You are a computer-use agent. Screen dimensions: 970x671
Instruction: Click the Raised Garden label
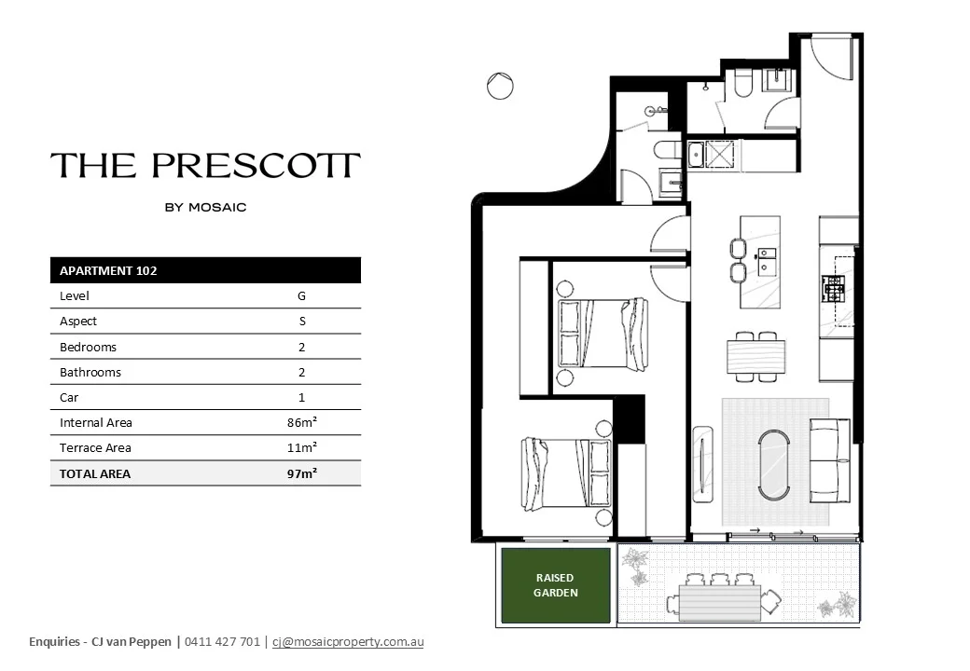(x=556, y=585)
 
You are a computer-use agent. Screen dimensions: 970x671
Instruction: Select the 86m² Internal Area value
(x=302, y=422)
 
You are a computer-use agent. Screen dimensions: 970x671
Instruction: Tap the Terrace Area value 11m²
(x=302, y=447)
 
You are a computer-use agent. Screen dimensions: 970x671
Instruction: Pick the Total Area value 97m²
(x=302, y=473)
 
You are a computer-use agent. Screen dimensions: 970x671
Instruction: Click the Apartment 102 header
(x=108, y=270)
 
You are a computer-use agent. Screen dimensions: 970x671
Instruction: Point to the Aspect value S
(x=302, y=322)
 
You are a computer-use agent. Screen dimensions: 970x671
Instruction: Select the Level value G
(x=302, y=296)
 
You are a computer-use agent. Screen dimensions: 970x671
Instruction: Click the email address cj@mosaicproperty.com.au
(x=348, y=642)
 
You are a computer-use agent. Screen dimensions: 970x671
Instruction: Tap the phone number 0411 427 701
(x=222, y=642)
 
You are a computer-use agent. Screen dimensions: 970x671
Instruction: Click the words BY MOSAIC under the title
(x=205, y=208)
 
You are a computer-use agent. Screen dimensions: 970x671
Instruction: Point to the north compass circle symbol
(x=500, y=86)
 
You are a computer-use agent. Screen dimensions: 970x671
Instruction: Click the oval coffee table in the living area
(x=774, y=464)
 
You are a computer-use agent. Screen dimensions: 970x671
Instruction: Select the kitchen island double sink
(x=767, y=261)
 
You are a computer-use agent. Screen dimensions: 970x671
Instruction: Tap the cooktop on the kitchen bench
(x=833, y=289)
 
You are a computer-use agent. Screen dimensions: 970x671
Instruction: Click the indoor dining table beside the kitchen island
(x=756, y=357)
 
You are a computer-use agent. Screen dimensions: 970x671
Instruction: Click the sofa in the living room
(x=829, y=460)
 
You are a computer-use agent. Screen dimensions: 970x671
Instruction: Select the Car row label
(x=69, y=397)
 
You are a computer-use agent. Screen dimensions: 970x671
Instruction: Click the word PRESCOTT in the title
(x=256, y=166)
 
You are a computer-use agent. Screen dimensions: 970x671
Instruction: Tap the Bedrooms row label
(x=88, y=348)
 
